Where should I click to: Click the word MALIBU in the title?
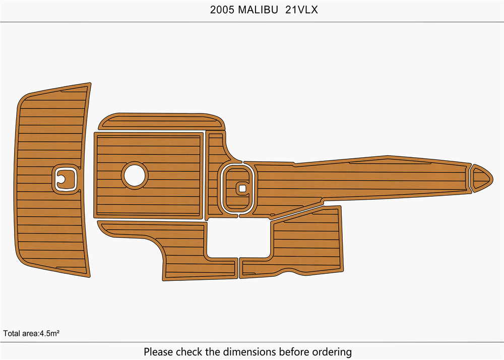[x=257, y=10]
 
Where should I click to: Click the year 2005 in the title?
[x=222, y=10]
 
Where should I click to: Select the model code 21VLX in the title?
[x=301, y=10]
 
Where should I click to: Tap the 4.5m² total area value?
[x=50, y=333]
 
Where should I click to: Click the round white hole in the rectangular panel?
[x=135, y=175]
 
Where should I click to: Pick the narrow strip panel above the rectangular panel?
[x=161, y=122]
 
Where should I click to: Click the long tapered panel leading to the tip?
[x=363, y=176]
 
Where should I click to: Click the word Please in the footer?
[x=158, y=351]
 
